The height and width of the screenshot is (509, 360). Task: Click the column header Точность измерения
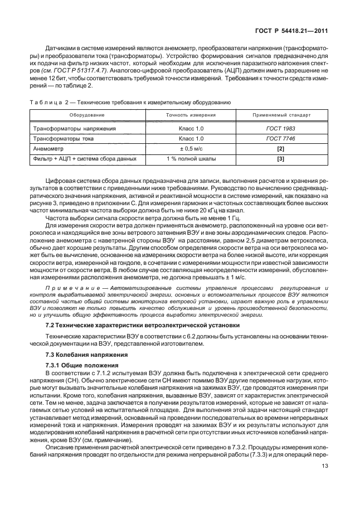tap(191, 115)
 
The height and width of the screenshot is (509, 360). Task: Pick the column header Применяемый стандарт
tap(281, 115)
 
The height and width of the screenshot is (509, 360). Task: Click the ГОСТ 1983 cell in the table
tap(281, 128)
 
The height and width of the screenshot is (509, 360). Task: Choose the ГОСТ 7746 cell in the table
tap(281, 138)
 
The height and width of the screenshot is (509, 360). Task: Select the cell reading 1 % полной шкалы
tap(191, 159)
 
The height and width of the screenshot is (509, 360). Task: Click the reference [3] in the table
tap(281, 159)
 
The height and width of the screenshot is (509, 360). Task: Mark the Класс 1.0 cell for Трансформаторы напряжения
tap(191, 128)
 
